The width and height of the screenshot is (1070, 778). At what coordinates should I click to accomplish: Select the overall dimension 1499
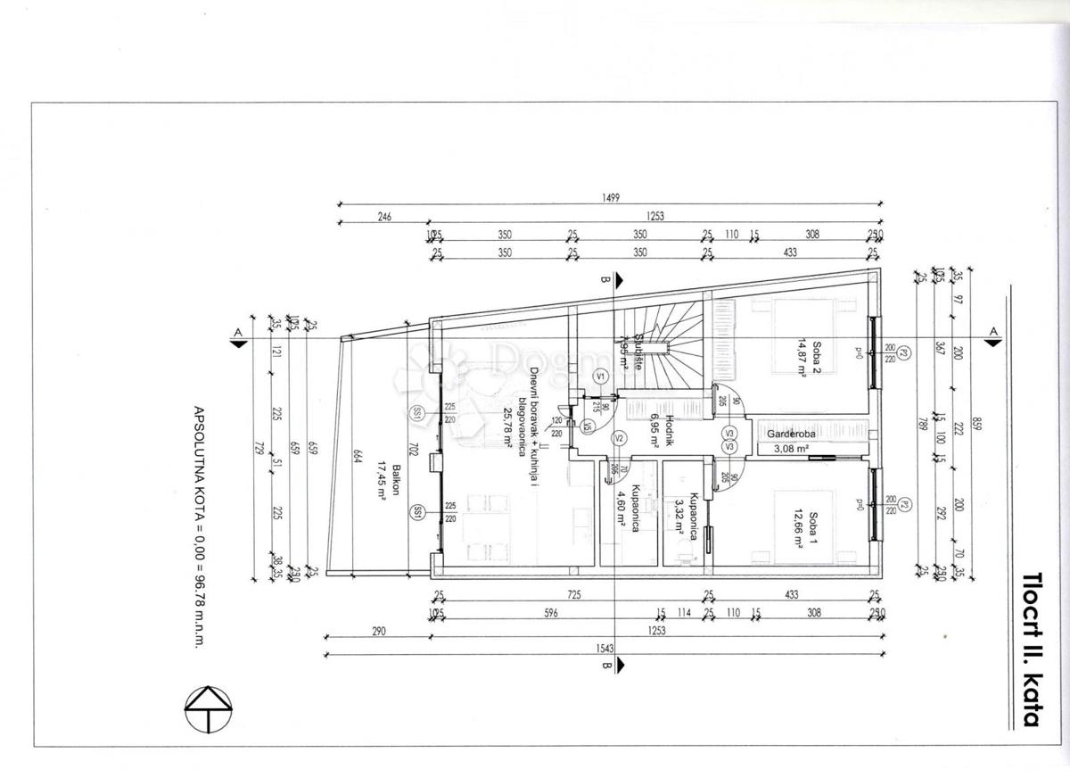[x=610, y=198]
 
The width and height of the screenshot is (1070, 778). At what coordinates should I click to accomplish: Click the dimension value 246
[x=384, y=217]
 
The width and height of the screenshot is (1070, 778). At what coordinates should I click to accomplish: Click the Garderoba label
[x=784, y=435]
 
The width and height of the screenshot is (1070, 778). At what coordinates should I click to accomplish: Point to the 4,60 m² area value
[x=622, y=514]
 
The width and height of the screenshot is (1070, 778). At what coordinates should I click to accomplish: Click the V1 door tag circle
[x=600, y=377]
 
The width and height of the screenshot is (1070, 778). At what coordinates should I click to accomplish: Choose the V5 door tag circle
[x=588, y=428]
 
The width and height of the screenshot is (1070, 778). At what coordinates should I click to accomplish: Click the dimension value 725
[x=571, y=595]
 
